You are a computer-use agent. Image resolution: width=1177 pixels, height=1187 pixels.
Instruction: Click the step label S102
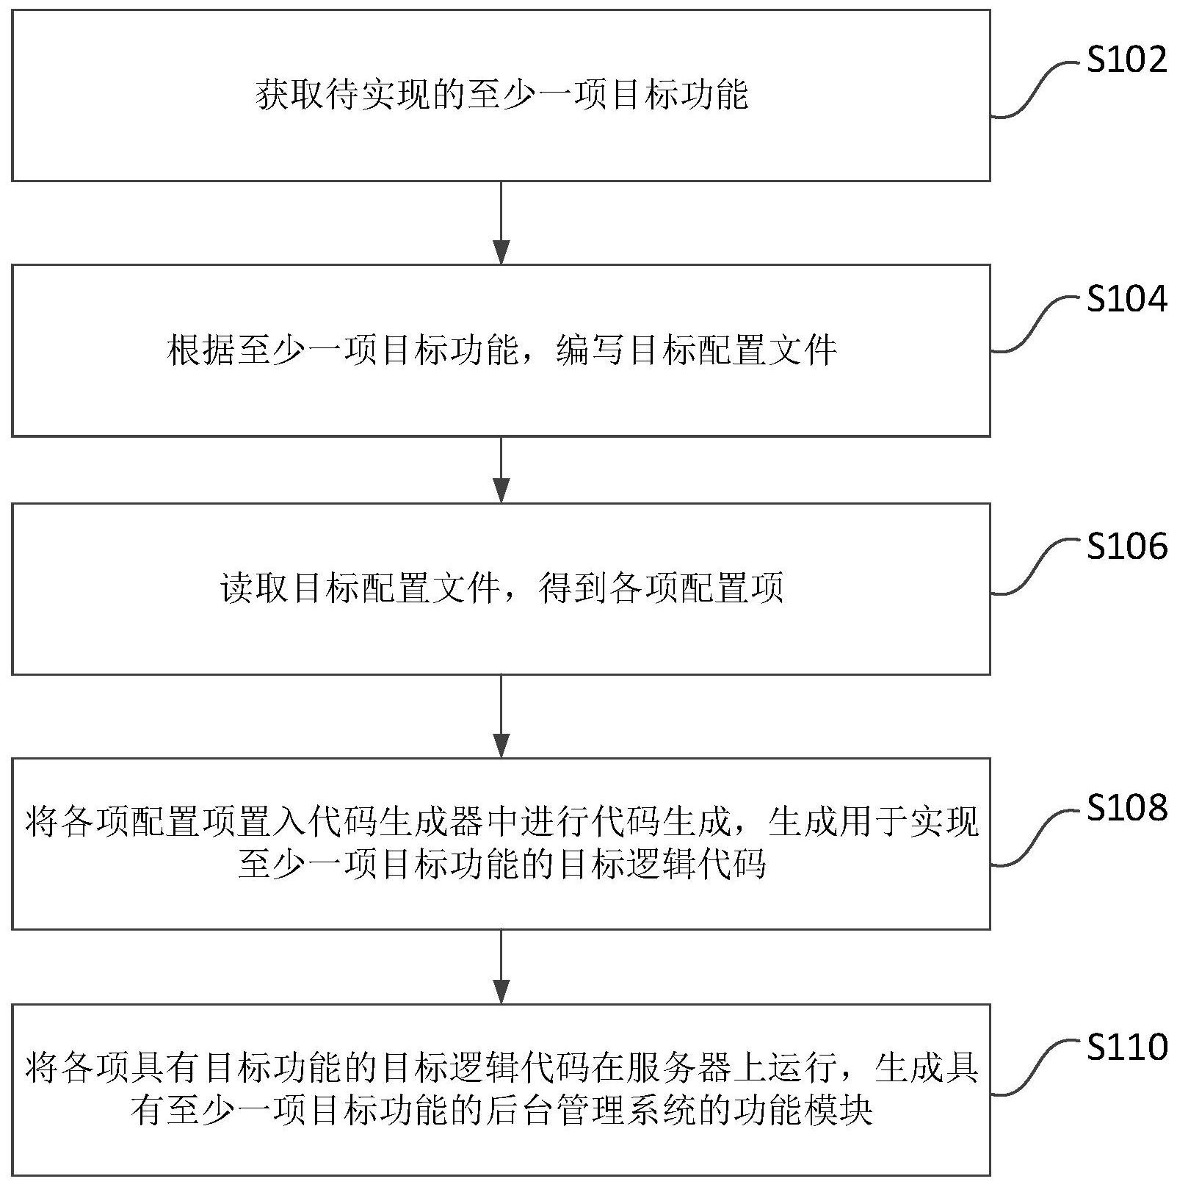click(x=1126, y=59)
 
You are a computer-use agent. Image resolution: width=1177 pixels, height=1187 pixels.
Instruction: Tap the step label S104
click(x=1126, y=299)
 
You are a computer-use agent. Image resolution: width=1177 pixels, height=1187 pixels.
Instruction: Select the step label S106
click(x=1126, y=546)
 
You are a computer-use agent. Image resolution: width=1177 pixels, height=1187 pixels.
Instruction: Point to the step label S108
click(x=1126, y=807)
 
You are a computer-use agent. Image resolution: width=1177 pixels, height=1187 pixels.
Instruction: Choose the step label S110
click(x=1126, y=1047)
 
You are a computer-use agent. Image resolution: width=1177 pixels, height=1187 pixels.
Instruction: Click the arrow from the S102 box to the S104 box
click(x=501, y=223)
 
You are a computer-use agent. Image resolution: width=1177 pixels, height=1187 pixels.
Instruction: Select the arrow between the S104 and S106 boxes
click(x=501, y=469)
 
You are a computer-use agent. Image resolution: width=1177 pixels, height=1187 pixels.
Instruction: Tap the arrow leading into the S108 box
click(x=501, y=716)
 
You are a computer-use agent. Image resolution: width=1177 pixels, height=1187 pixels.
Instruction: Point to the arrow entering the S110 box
click(x=501, y=967)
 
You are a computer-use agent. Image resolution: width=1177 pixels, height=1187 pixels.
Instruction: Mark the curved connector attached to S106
click(x=1036, y=566)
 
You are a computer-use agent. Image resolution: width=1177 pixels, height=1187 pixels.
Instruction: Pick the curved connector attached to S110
click(x=1036, y=1069)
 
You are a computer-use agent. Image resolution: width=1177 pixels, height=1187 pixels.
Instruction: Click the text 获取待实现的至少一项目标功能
click(x=502, y=96)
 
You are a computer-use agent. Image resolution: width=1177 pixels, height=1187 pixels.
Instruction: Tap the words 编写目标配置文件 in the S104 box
click(x=696, y=350)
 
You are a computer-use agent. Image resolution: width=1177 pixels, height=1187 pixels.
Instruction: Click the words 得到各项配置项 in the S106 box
click(x=661, y=588)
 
